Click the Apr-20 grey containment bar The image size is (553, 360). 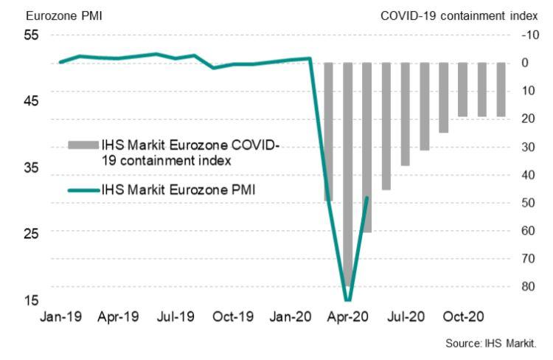point(347,173)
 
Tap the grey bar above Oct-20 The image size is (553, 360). point(462,89)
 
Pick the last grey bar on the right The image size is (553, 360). point(501,89)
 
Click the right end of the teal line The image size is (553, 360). point(367,197)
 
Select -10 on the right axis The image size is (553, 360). point(526,35)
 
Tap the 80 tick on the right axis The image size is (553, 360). point(526,287)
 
